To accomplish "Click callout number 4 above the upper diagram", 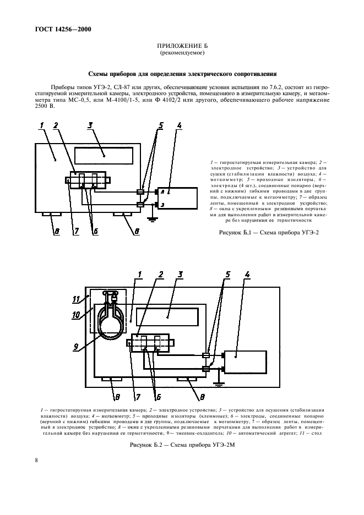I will click(x=178, y=125).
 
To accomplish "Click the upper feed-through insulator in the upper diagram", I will click(x=140, y=192).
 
